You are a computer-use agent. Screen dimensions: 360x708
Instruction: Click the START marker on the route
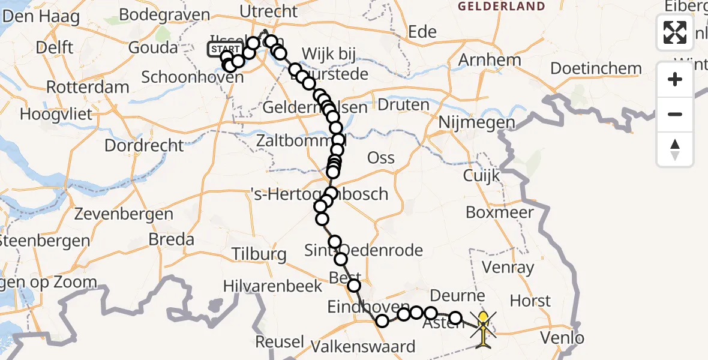(x=225, y=49)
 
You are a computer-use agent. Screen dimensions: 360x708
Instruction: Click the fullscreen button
(x=675, y=32)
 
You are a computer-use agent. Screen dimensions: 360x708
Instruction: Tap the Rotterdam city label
(x=88, y=87)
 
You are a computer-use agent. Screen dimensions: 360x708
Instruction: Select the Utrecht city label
(x=268, y=11)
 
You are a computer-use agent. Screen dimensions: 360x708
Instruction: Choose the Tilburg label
(x=260, y=254)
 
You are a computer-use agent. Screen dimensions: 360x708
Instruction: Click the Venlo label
(x=562, y=338)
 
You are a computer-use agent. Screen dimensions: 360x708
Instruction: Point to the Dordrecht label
(x=144, y=145)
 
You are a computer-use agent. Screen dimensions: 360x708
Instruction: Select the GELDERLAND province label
(x=502, y=7)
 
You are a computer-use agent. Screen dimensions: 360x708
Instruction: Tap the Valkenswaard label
(x=363, y=346)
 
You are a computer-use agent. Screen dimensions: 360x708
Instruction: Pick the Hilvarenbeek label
(x=272, y=287)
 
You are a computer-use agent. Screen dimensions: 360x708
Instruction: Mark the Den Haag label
(x=41, y=16)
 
